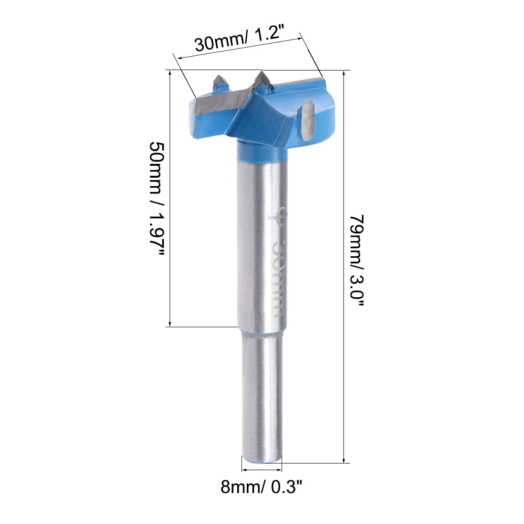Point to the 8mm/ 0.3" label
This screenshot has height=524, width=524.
262,487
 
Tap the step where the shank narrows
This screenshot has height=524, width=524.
262,333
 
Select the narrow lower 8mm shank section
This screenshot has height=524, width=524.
262,395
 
